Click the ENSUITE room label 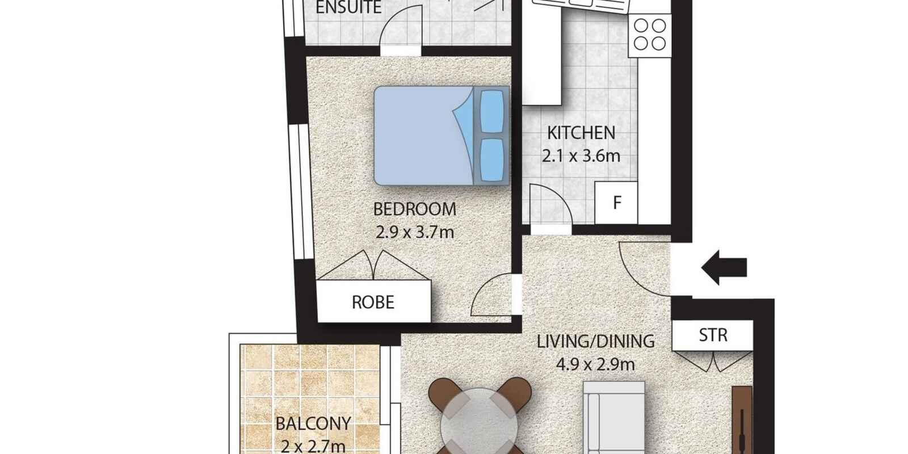[x=348, y=7]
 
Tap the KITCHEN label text [x=581, y=133]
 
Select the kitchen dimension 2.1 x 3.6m [x=581, y=156]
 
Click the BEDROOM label [x=415, y=209]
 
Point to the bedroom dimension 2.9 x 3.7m [x=415, y=232]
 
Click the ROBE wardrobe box [x=373, y=301]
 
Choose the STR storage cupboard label [x=713, y=335]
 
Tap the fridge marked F [x=616, y=203]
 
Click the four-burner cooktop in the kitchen [x=650, y=35]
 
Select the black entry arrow [x=724, y=267]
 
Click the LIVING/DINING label [x=595, y=341]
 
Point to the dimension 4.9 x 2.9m [x=595, y=364]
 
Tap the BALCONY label [x=313, y=423]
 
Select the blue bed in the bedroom [x=442, y=136]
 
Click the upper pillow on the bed [x=491, y=111]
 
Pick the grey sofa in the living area [x=613, y=418]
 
